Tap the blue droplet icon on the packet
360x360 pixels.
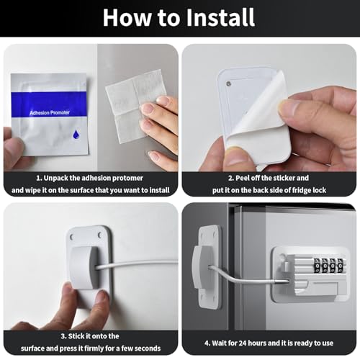point(76,135)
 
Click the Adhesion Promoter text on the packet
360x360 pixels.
point(50,112)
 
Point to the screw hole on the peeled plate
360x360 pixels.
point(228,84)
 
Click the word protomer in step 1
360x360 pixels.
point(127,178)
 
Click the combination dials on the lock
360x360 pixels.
point(329,265)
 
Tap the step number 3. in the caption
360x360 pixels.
point(63,336)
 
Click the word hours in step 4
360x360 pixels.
point(257,343)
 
